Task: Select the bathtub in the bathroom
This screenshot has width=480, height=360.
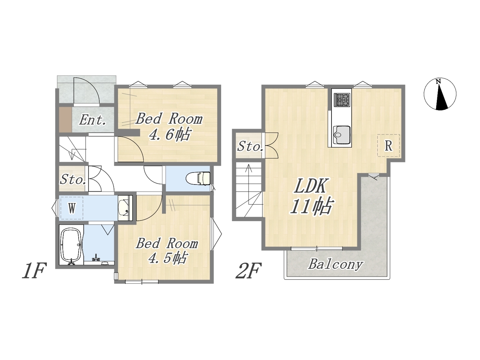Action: [72, 245]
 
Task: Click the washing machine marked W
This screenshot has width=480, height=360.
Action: [72, 208]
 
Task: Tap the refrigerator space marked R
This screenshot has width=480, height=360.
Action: [388, 145]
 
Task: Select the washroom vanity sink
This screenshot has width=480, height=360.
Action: [124, 208]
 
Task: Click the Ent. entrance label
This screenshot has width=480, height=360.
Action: [93, 120]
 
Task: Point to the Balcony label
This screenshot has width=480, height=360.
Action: [336, 264]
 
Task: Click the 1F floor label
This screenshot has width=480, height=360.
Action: [34, 271]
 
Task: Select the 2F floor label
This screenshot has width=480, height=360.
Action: [248, 271]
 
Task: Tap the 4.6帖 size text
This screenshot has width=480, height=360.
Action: [169, 134]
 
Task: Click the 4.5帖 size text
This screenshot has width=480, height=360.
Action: [168, 258]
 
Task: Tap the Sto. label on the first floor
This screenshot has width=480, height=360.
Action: [73, 180]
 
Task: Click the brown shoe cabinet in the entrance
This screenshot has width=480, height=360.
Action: [66, 119]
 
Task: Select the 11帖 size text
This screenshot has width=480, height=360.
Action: [311, 206]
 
